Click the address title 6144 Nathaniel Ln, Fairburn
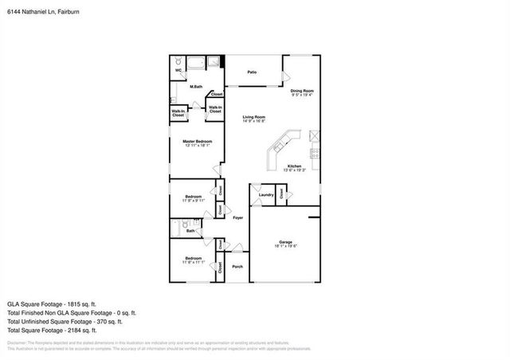point(39,13)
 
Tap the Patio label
point(251,72)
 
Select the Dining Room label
point(301,91)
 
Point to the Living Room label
point(254,117)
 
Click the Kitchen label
point(295,166)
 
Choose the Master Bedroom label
point(197,141)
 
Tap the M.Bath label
point(196,86)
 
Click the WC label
point(179,70)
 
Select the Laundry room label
point(266,194)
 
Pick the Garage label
point(285,242)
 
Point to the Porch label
point(237,267)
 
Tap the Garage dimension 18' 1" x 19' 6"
point(285,247)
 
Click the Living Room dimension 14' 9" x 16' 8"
point(254,122)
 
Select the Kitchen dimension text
point(295,170)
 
